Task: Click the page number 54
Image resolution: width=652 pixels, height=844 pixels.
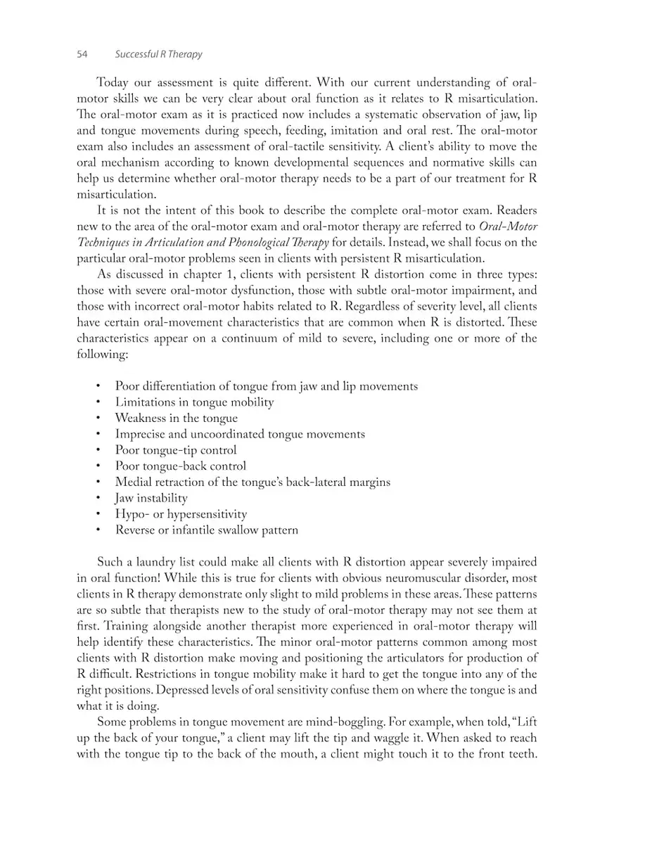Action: pyautogui.click(x=82, y=54)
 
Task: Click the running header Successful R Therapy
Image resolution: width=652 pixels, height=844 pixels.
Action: pyautogui.click(x=158, y=54)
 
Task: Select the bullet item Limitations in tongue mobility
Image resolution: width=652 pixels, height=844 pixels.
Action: pyautogui.click(x=194, y=402)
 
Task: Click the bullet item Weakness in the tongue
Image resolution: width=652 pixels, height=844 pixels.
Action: pyautogui.click(x=176, y=418)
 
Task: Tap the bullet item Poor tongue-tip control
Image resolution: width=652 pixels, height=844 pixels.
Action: pyautogui.click(x=176, y=450)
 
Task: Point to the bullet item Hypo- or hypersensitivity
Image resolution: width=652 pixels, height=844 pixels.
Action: pyautogui.click(x=181, y=514)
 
